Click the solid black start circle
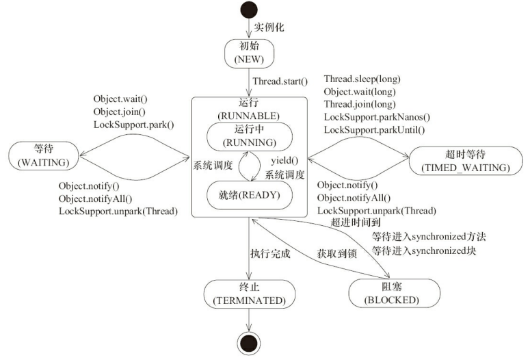coord(248,12)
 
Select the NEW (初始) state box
coord(248,53)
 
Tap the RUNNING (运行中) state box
coord(248,137)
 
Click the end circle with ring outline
coord(249,343)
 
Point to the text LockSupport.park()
coord(134,125)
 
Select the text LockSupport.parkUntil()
coord(374,129)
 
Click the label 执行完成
coord(270,253)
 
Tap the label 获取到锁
coord(336,253)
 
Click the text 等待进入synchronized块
coord(423,250)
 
